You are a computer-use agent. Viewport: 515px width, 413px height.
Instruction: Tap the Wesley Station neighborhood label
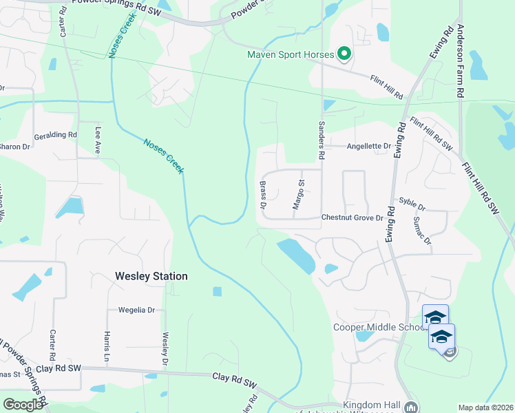point(150,276)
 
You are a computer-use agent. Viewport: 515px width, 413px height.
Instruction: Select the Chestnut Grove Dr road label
point(352,218)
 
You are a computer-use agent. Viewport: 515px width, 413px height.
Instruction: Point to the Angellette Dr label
point(368,146)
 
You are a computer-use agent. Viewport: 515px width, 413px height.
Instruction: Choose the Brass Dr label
point(262,195)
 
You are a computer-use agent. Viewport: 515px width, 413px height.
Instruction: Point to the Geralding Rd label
point(55,135)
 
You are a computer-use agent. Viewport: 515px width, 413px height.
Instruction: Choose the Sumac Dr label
point(422,232)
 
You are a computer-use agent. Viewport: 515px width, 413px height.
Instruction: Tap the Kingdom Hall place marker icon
point(410,407)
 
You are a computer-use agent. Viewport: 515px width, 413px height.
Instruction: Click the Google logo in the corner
point(23,405)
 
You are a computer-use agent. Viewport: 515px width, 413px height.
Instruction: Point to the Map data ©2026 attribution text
point(485,407)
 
